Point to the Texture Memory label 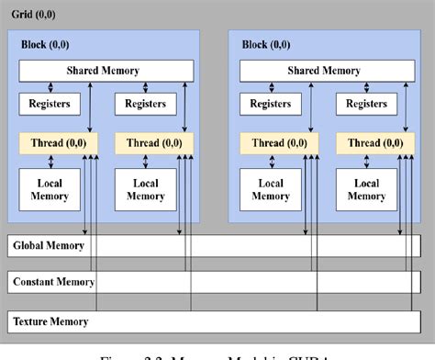point(51,321)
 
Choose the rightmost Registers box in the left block point(145,105)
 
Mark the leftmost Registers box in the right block point(271,105)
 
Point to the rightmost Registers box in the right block point(365,105)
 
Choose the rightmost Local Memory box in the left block point(145,188)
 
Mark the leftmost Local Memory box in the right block point(271,188)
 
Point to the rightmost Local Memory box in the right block point(365,188)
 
